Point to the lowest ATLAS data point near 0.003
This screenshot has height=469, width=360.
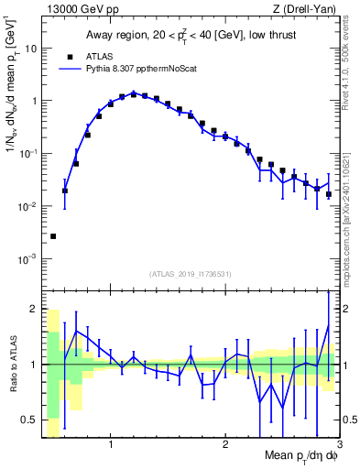[x=53, y=236]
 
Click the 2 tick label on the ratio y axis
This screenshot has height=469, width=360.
[x=33, y=308]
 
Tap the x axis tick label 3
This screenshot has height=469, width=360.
[x=339, y=444]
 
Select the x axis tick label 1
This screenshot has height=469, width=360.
[x=111, y=444]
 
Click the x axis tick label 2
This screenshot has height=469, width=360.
[x=225, y=444]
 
